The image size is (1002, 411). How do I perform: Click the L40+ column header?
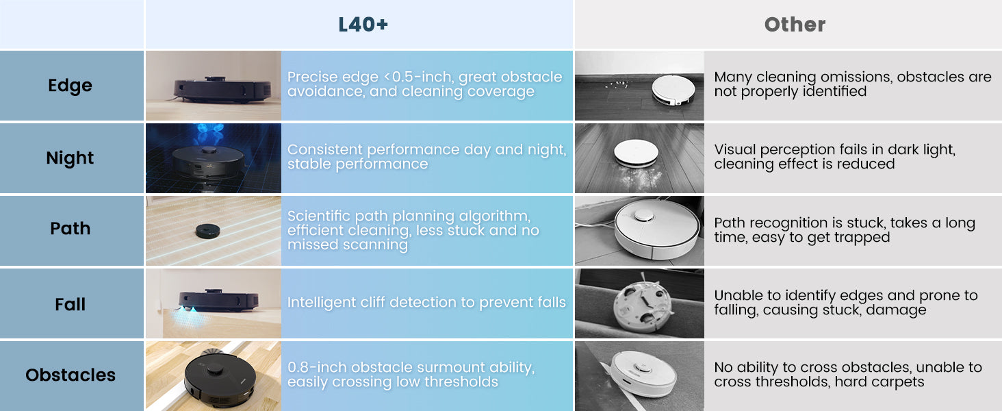363,25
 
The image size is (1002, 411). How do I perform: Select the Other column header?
795,25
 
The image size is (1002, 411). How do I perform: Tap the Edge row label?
70,86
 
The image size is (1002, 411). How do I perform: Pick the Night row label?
70,158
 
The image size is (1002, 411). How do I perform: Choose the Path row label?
70,228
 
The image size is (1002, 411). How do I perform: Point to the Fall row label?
70,304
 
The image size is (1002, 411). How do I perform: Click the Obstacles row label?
70,375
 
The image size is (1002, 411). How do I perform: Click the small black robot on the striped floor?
208,231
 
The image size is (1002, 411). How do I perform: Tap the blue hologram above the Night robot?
210,132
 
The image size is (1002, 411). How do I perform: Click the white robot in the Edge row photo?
673,90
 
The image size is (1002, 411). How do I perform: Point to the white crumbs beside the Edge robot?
617,84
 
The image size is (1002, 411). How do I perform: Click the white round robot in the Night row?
636,153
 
